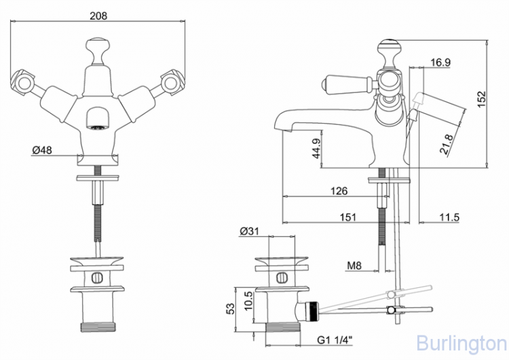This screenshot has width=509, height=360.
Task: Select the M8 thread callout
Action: point(354,265)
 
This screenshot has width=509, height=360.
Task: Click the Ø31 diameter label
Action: point(249,232)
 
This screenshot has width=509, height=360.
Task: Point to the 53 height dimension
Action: point(231,308)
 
